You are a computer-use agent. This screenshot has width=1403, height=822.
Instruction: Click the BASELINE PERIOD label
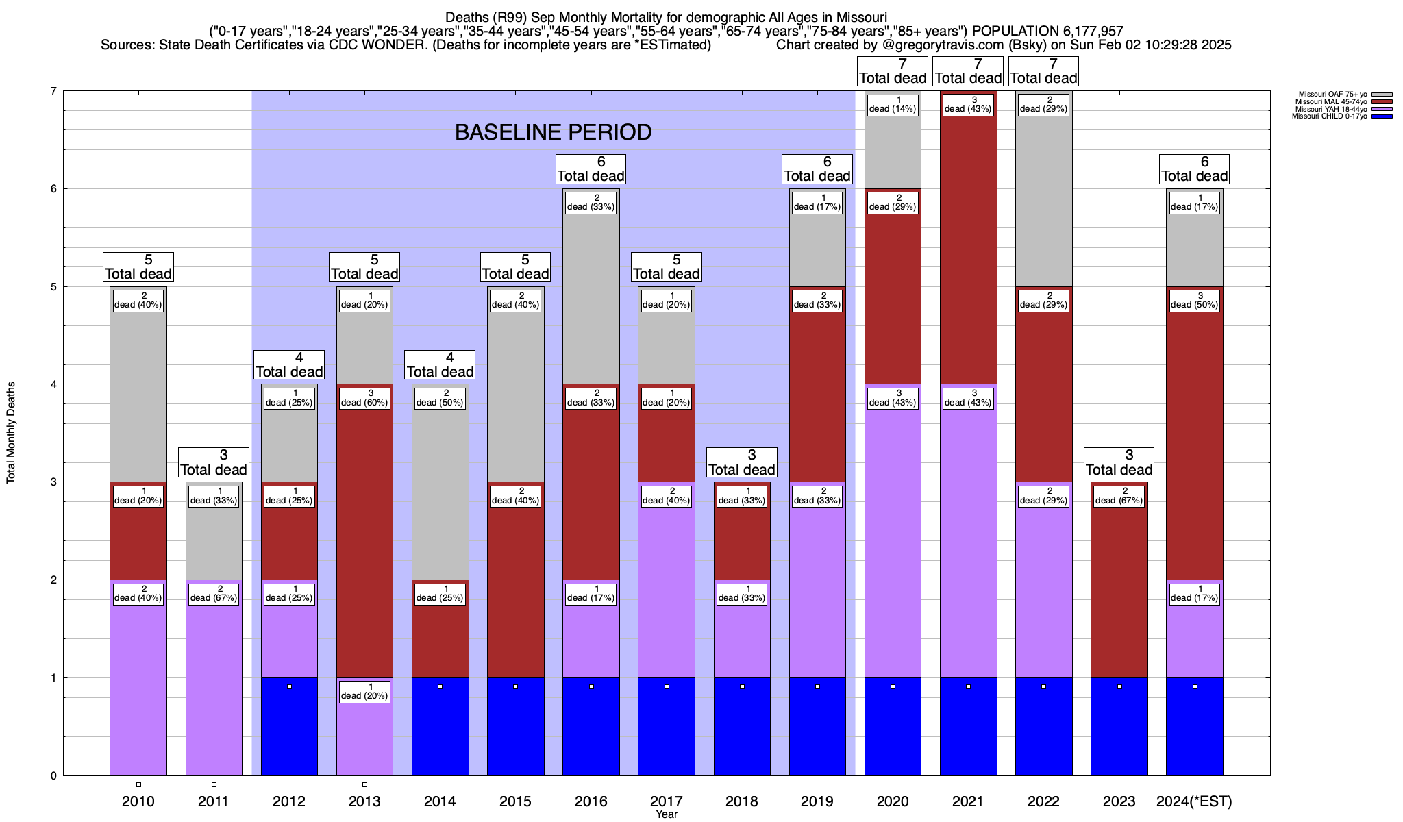tap(553, 132)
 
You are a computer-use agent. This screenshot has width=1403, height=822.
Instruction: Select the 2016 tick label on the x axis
tap(591, 801)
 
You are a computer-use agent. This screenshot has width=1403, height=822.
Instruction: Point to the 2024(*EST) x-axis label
tap(1194, 801)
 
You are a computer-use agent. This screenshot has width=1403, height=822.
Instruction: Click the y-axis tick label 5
tap(53, 286)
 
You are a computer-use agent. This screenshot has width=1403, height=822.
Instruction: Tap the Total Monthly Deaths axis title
tap(11, 433)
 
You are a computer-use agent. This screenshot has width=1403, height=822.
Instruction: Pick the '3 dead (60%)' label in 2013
tap(364, 398)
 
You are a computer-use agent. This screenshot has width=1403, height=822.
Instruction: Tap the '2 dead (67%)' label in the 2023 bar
tap(1119, 496)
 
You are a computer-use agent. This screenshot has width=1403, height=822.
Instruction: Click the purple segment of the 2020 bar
tap(893, 548)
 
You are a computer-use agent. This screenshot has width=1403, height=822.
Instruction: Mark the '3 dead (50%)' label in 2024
tap(1195, 300)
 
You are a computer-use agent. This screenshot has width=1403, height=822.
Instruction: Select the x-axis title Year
tap(666, 814)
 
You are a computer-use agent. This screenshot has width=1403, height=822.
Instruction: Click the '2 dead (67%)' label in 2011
tap(214, 593)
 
